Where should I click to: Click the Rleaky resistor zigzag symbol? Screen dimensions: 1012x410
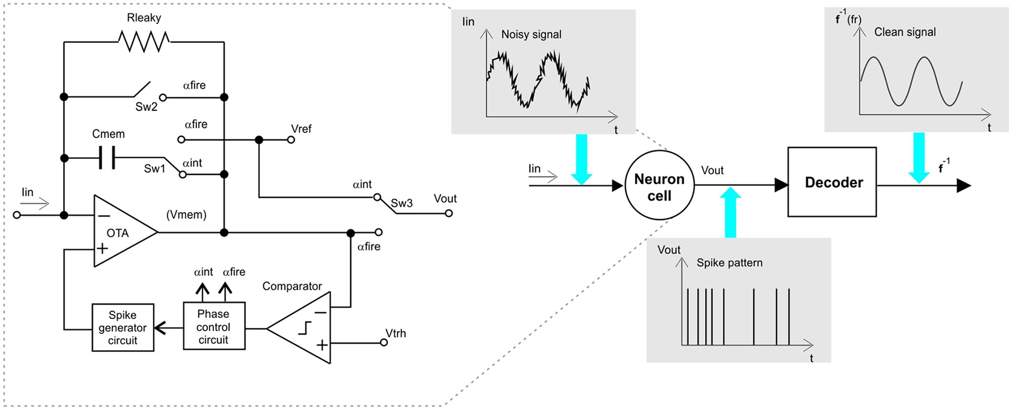(143, 42)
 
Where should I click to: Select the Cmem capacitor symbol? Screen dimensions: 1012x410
(107, 158)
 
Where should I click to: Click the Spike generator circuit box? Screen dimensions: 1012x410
(123, 328)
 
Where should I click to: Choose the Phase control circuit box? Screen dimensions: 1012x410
(214, 327)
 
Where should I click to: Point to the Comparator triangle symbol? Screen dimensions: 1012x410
(299, 328)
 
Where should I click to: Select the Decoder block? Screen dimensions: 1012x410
(832, 182)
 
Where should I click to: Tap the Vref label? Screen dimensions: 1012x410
(301, 129)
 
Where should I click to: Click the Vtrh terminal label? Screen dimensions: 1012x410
(396, 333)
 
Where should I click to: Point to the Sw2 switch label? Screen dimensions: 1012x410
(146, 107)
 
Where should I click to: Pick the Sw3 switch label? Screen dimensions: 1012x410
(401, 203)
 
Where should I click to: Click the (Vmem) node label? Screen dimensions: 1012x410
(186, 215)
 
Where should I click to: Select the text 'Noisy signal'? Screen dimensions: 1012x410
(531, 35)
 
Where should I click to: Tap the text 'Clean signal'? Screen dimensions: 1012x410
(905, 33)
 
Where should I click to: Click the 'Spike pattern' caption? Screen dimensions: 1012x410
(729, 263)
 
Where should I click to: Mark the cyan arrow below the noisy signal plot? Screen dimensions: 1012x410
(581, 160)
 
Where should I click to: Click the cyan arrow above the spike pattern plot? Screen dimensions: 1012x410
(730, 212)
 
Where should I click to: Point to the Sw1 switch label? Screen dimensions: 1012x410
(154, 169)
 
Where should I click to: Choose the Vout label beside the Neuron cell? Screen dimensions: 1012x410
(712, 170)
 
